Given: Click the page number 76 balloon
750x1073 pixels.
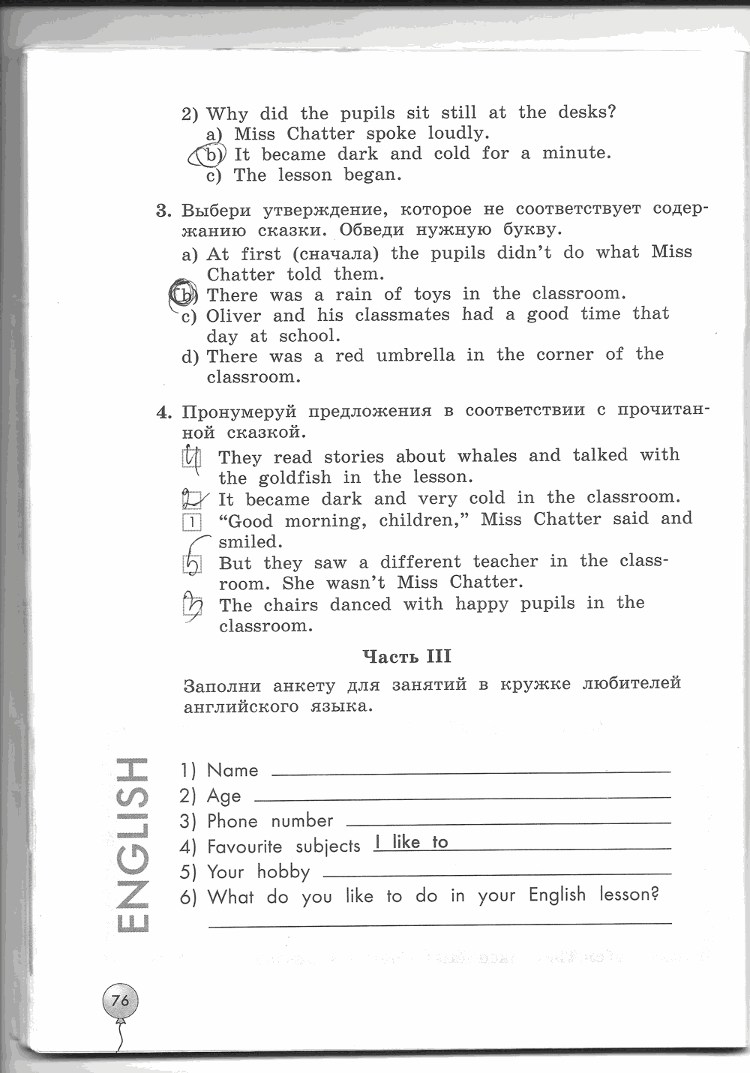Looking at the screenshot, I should [120, 1000].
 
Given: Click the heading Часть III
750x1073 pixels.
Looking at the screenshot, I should [406, 657].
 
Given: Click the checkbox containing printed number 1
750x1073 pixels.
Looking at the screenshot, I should [193, 522].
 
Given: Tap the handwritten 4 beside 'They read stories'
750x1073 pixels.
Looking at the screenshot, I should [193, 457].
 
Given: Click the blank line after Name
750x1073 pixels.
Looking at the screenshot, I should [471, 771].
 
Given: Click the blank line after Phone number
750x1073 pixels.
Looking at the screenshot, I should [509, 822].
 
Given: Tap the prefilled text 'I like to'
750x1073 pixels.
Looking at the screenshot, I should [411, 842].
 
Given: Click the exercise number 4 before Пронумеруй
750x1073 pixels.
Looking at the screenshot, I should [163, 412].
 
